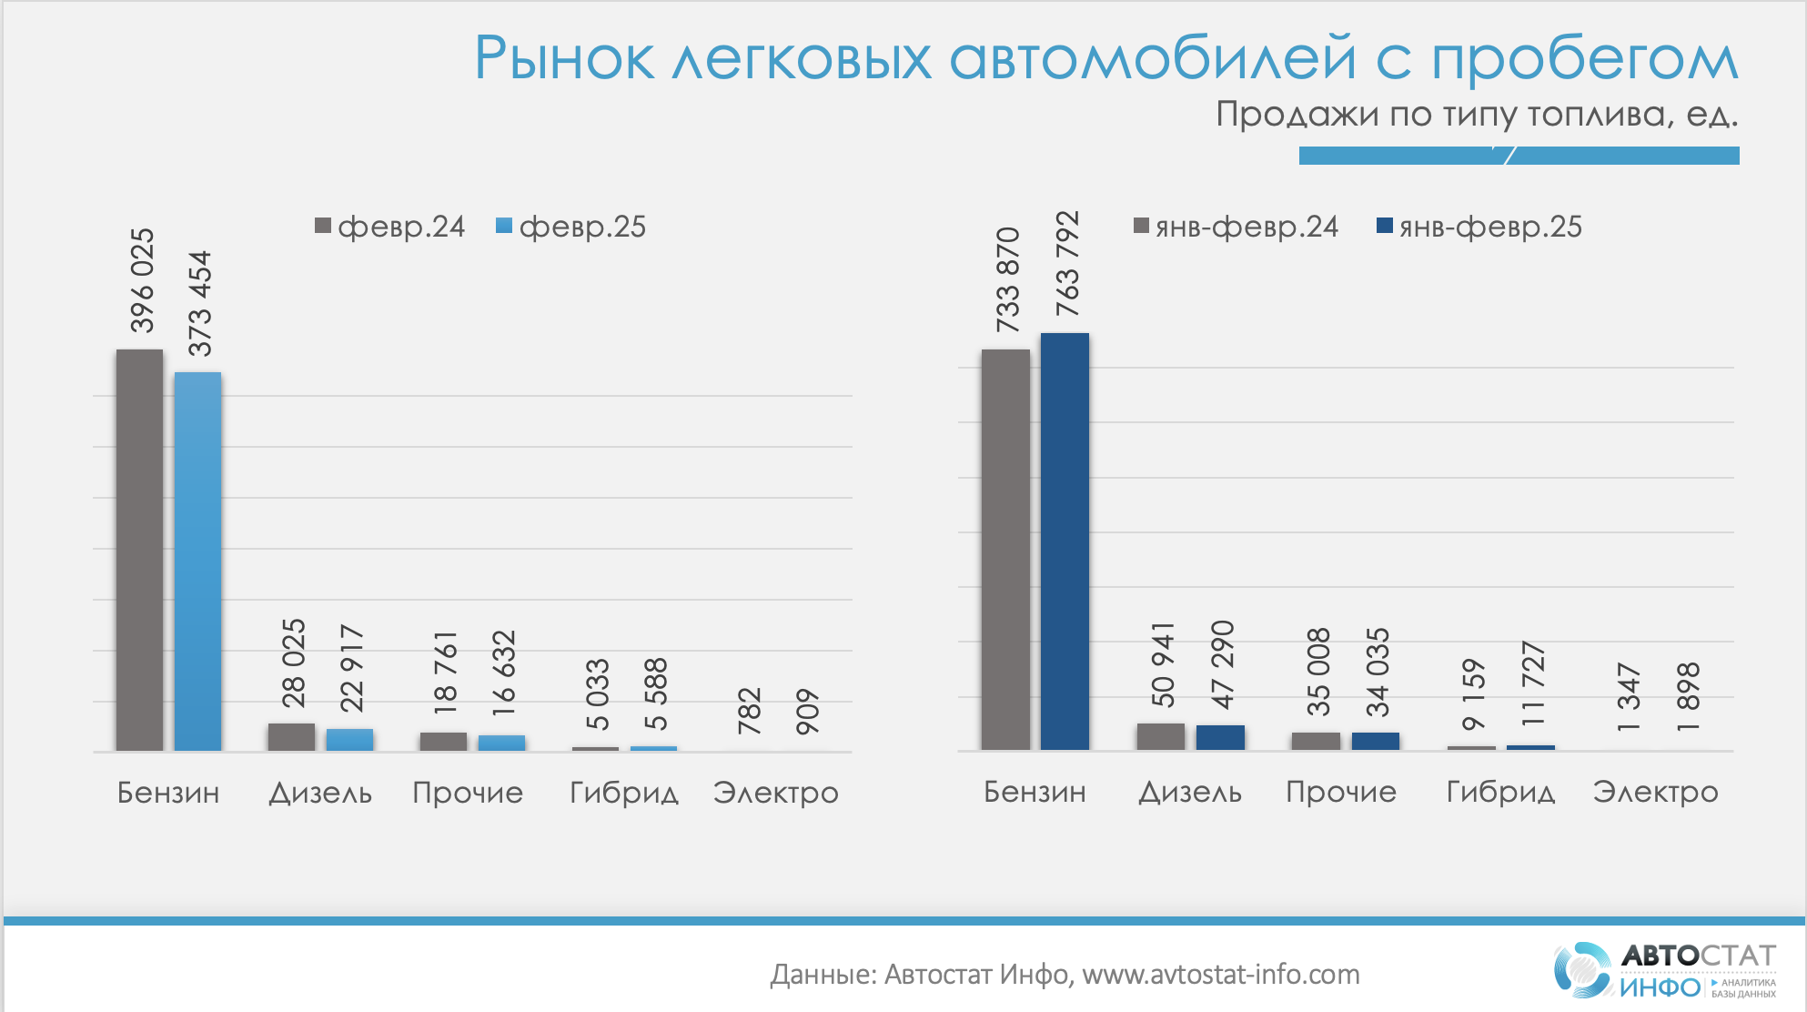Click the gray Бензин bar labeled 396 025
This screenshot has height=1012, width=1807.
coord(139,550)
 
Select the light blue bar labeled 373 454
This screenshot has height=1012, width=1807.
coord(197,561)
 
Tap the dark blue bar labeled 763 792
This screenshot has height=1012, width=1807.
coord(1065,541)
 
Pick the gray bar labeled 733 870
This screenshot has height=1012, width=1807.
coord(1005,550)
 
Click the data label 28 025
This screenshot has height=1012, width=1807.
coord(293,663)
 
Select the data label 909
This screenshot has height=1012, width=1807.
coord(807,712)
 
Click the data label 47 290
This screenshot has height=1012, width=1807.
coord(1222,664)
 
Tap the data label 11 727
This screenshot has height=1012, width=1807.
coord(1533,683)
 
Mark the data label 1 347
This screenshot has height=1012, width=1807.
coord(1628,698)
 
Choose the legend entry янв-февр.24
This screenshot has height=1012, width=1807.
coord(1237,227)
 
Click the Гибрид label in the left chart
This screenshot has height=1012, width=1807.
coord(624,794)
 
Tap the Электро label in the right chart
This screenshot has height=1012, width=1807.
coord(1655,793)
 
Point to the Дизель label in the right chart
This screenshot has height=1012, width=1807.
coord(1190,793)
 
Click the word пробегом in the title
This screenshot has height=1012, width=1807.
coord(1584,60)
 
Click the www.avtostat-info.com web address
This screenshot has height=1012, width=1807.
coord(1220,975)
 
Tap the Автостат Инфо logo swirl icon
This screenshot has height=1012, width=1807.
coord(1582,969)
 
